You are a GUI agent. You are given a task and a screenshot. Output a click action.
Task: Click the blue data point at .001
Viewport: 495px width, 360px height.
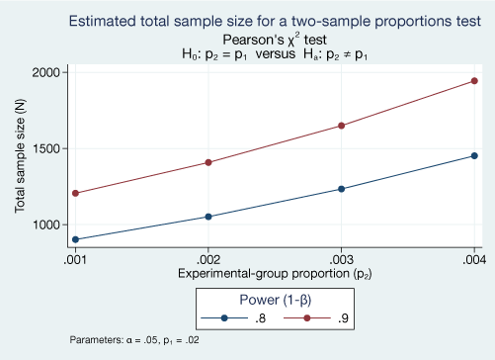[75, 239]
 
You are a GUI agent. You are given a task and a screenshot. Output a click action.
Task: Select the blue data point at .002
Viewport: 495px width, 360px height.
[208, 217]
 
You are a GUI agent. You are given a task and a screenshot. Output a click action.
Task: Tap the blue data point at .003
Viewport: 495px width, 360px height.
[342, 189]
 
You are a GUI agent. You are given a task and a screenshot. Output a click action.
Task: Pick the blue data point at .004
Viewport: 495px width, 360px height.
[475, 155]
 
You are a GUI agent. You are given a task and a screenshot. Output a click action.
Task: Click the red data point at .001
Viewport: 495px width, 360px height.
[75, 193]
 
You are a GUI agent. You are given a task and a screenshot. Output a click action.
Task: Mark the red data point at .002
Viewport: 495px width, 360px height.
[208, 162]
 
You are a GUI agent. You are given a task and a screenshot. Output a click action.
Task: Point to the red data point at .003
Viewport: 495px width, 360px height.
[342, 126]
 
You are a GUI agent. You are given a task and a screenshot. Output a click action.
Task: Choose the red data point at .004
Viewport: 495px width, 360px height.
[475, 81]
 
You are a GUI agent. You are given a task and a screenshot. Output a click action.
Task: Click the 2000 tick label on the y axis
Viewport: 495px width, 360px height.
[46, 72]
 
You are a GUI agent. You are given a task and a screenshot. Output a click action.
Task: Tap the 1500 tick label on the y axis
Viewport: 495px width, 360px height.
[46, 148]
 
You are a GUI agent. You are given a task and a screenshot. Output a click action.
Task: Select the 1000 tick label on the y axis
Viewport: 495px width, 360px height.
[46, 225]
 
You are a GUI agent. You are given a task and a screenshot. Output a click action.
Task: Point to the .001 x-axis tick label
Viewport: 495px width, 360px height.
[75, 259]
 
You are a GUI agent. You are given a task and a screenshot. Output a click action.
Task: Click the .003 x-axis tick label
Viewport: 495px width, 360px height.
[342, 259]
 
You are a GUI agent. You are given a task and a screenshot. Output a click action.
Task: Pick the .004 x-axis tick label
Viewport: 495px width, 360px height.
[474, 259]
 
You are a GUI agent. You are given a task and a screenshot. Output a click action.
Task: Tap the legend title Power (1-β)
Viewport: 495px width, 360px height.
[274, 300]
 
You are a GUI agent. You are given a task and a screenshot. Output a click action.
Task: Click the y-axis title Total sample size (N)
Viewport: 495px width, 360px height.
[20, 156]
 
